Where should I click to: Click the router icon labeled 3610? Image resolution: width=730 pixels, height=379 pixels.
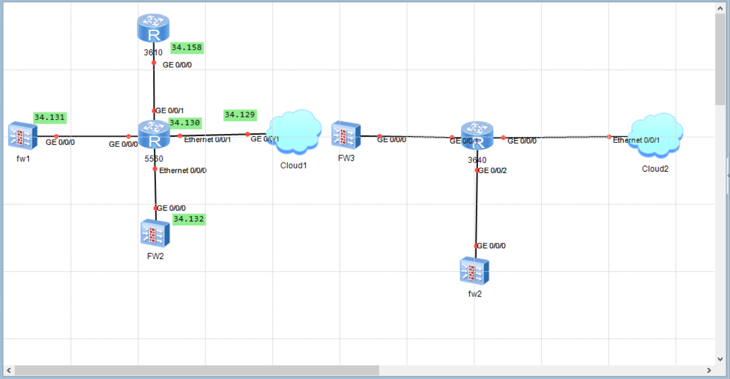[153, 28]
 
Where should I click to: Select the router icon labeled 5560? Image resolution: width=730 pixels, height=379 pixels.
[154, 134]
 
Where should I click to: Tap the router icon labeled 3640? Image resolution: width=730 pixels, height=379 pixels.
[477, 135]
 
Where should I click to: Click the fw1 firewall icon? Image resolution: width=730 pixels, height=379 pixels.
[23, 135]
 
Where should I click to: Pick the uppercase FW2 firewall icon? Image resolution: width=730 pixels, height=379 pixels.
[155, 233]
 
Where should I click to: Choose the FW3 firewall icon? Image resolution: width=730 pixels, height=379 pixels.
[346, 135]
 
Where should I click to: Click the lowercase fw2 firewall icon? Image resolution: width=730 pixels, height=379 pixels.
[474, 271]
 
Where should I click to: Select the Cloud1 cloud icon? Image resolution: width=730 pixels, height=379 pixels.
[294, 132]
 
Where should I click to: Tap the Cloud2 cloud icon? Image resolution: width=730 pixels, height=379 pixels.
[656, 135]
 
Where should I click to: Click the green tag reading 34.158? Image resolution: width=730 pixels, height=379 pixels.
[187, 47]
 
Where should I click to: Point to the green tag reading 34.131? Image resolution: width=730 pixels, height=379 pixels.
[50, 117]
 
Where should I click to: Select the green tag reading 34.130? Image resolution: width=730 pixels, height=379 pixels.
[185, 123]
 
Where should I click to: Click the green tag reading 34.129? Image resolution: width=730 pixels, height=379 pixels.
[240, 115]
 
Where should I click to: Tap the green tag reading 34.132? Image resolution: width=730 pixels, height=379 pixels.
[189, 219]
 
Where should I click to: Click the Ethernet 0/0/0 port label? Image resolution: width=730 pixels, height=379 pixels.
[183, 171]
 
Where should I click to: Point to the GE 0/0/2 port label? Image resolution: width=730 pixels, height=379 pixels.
[492, 171]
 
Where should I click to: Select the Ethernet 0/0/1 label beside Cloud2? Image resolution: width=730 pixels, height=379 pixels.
[636, 140]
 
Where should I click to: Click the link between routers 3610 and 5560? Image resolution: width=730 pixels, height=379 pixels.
[154, 87]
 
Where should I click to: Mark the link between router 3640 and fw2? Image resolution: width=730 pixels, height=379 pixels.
[476, 208]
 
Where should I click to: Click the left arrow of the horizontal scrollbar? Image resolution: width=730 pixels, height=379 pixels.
[9, 370]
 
